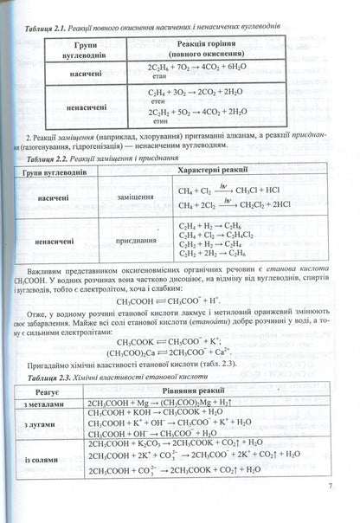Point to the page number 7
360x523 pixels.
[x=331, y=509]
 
